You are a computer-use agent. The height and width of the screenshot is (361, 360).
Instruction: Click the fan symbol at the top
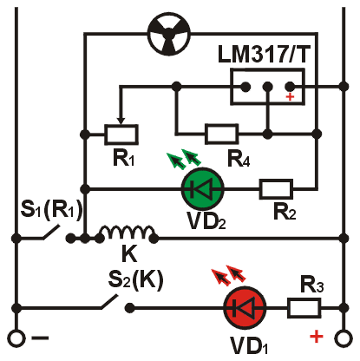pyautogui.click(x=169, y=34)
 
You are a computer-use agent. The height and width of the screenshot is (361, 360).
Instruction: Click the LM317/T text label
pyautogui.click(x=264, y=54)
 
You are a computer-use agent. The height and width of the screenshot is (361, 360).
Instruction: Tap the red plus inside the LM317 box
pyautogui.click(x=290, y=97)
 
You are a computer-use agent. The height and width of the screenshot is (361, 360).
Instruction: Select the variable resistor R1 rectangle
pyautogui.click(x=121, y=135)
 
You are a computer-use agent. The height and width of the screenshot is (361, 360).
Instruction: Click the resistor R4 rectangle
pyautogui.click(x=221, y=134)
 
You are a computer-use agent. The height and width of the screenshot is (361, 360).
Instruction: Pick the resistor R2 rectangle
pyautogui.click(x=276, y=189)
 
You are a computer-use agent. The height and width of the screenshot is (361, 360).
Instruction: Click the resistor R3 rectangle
pyautogui.click(x=304, y=308)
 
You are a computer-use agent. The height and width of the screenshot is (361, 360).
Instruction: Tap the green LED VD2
pyautogui.click(x=203, y=189)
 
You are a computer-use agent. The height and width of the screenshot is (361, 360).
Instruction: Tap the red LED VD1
pyautogui.click(x=245, y=308)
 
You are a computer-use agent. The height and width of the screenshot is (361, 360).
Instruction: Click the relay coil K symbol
pyautogui.click(x=127, y=233)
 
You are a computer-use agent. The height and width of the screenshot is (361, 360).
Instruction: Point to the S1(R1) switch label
pyautogui.click(x=51, y=210)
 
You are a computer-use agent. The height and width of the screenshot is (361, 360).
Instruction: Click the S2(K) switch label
pyautogui.click(x=135, y=280)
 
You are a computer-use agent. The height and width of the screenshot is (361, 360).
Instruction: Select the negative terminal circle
pyautogui.click(x=16, y=338)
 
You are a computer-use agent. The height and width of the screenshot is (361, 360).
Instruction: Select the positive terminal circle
pyautogui.click(x=344, y=338)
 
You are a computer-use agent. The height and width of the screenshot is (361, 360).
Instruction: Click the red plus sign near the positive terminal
pyautogui.click(x=317, y=337)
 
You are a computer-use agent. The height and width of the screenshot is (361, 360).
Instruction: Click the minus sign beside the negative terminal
pyautogui.click(x=40, y=338)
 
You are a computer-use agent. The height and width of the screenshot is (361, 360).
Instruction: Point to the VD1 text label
pyautogui.click(x=249, y=345)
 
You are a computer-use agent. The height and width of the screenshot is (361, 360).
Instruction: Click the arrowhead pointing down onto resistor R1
pyautogui.click(x=121, y=120)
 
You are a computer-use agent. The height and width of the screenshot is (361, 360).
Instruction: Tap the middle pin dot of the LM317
pyautogui.click(x=268, y=86)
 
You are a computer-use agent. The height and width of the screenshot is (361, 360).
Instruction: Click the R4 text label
pyautogui.click(x=239, y=159)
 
